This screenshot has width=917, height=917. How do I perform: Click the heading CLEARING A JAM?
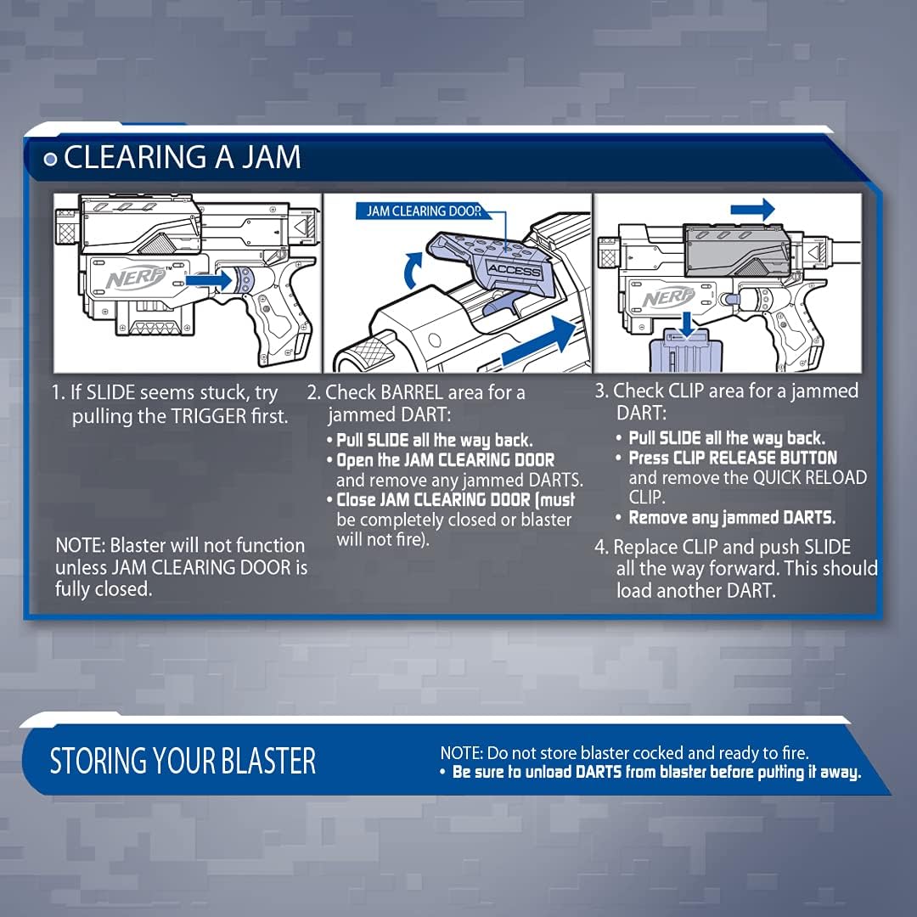tap(182, 158)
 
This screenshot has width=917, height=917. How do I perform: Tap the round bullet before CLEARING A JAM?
tap(51, 159)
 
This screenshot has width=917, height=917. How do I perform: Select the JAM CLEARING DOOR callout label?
tap(424, 211)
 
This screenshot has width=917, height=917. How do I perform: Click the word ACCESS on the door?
tap(514, 271)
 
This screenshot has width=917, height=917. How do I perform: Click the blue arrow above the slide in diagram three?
tap(752, 209)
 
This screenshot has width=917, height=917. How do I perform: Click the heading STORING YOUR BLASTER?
tap(183, 762)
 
